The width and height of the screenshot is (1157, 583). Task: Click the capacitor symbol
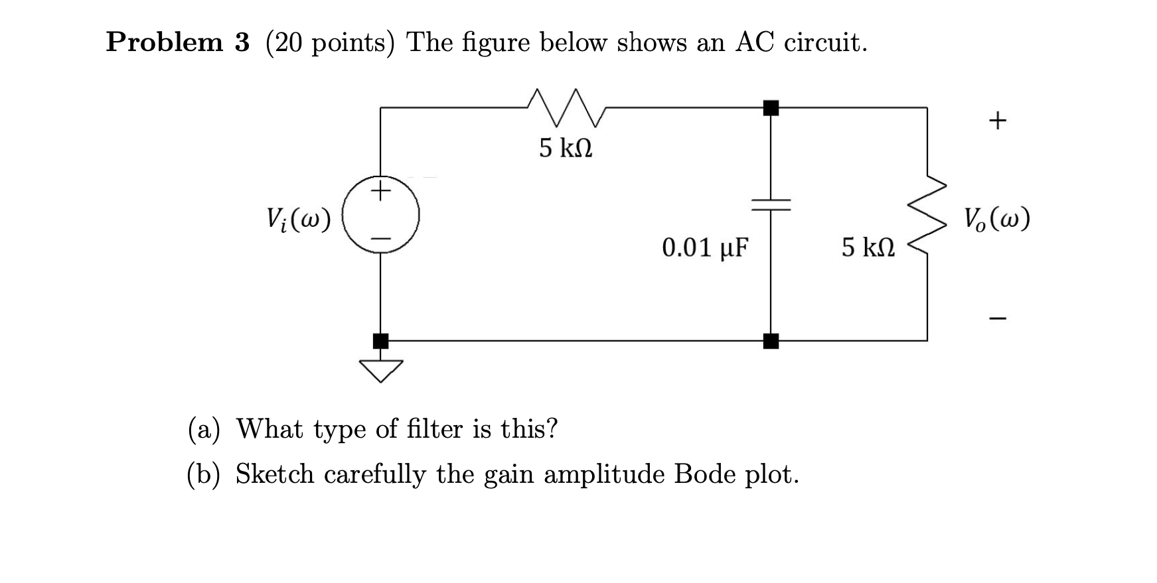click(771, 205)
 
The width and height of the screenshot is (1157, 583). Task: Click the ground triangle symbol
click(381, 370)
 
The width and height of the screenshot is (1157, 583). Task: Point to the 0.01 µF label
click(705, 248)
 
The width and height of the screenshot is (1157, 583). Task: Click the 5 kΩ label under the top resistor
click(566, 148)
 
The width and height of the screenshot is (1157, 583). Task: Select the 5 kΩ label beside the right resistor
click(868, 248)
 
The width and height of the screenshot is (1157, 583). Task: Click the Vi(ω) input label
click(298, 219)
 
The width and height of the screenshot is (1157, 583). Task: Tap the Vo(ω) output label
click(997, 218)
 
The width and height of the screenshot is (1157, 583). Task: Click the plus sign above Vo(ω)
click(997, 120)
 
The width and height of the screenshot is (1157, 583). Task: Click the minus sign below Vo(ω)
click(997, 319)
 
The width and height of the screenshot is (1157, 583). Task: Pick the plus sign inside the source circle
click(380, 192)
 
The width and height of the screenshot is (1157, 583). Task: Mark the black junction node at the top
click(771, 107)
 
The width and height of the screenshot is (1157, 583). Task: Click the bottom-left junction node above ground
click(380, 341)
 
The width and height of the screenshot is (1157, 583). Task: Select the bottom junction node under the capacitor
click(771, 341)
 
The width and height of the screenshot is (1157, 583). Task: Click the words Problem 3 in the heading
click(178, 42)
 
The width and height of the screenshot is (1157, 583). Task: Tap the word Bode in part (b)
click(702, 474)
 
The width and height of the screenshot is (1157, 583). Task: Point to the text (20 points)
click(330, 43)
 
